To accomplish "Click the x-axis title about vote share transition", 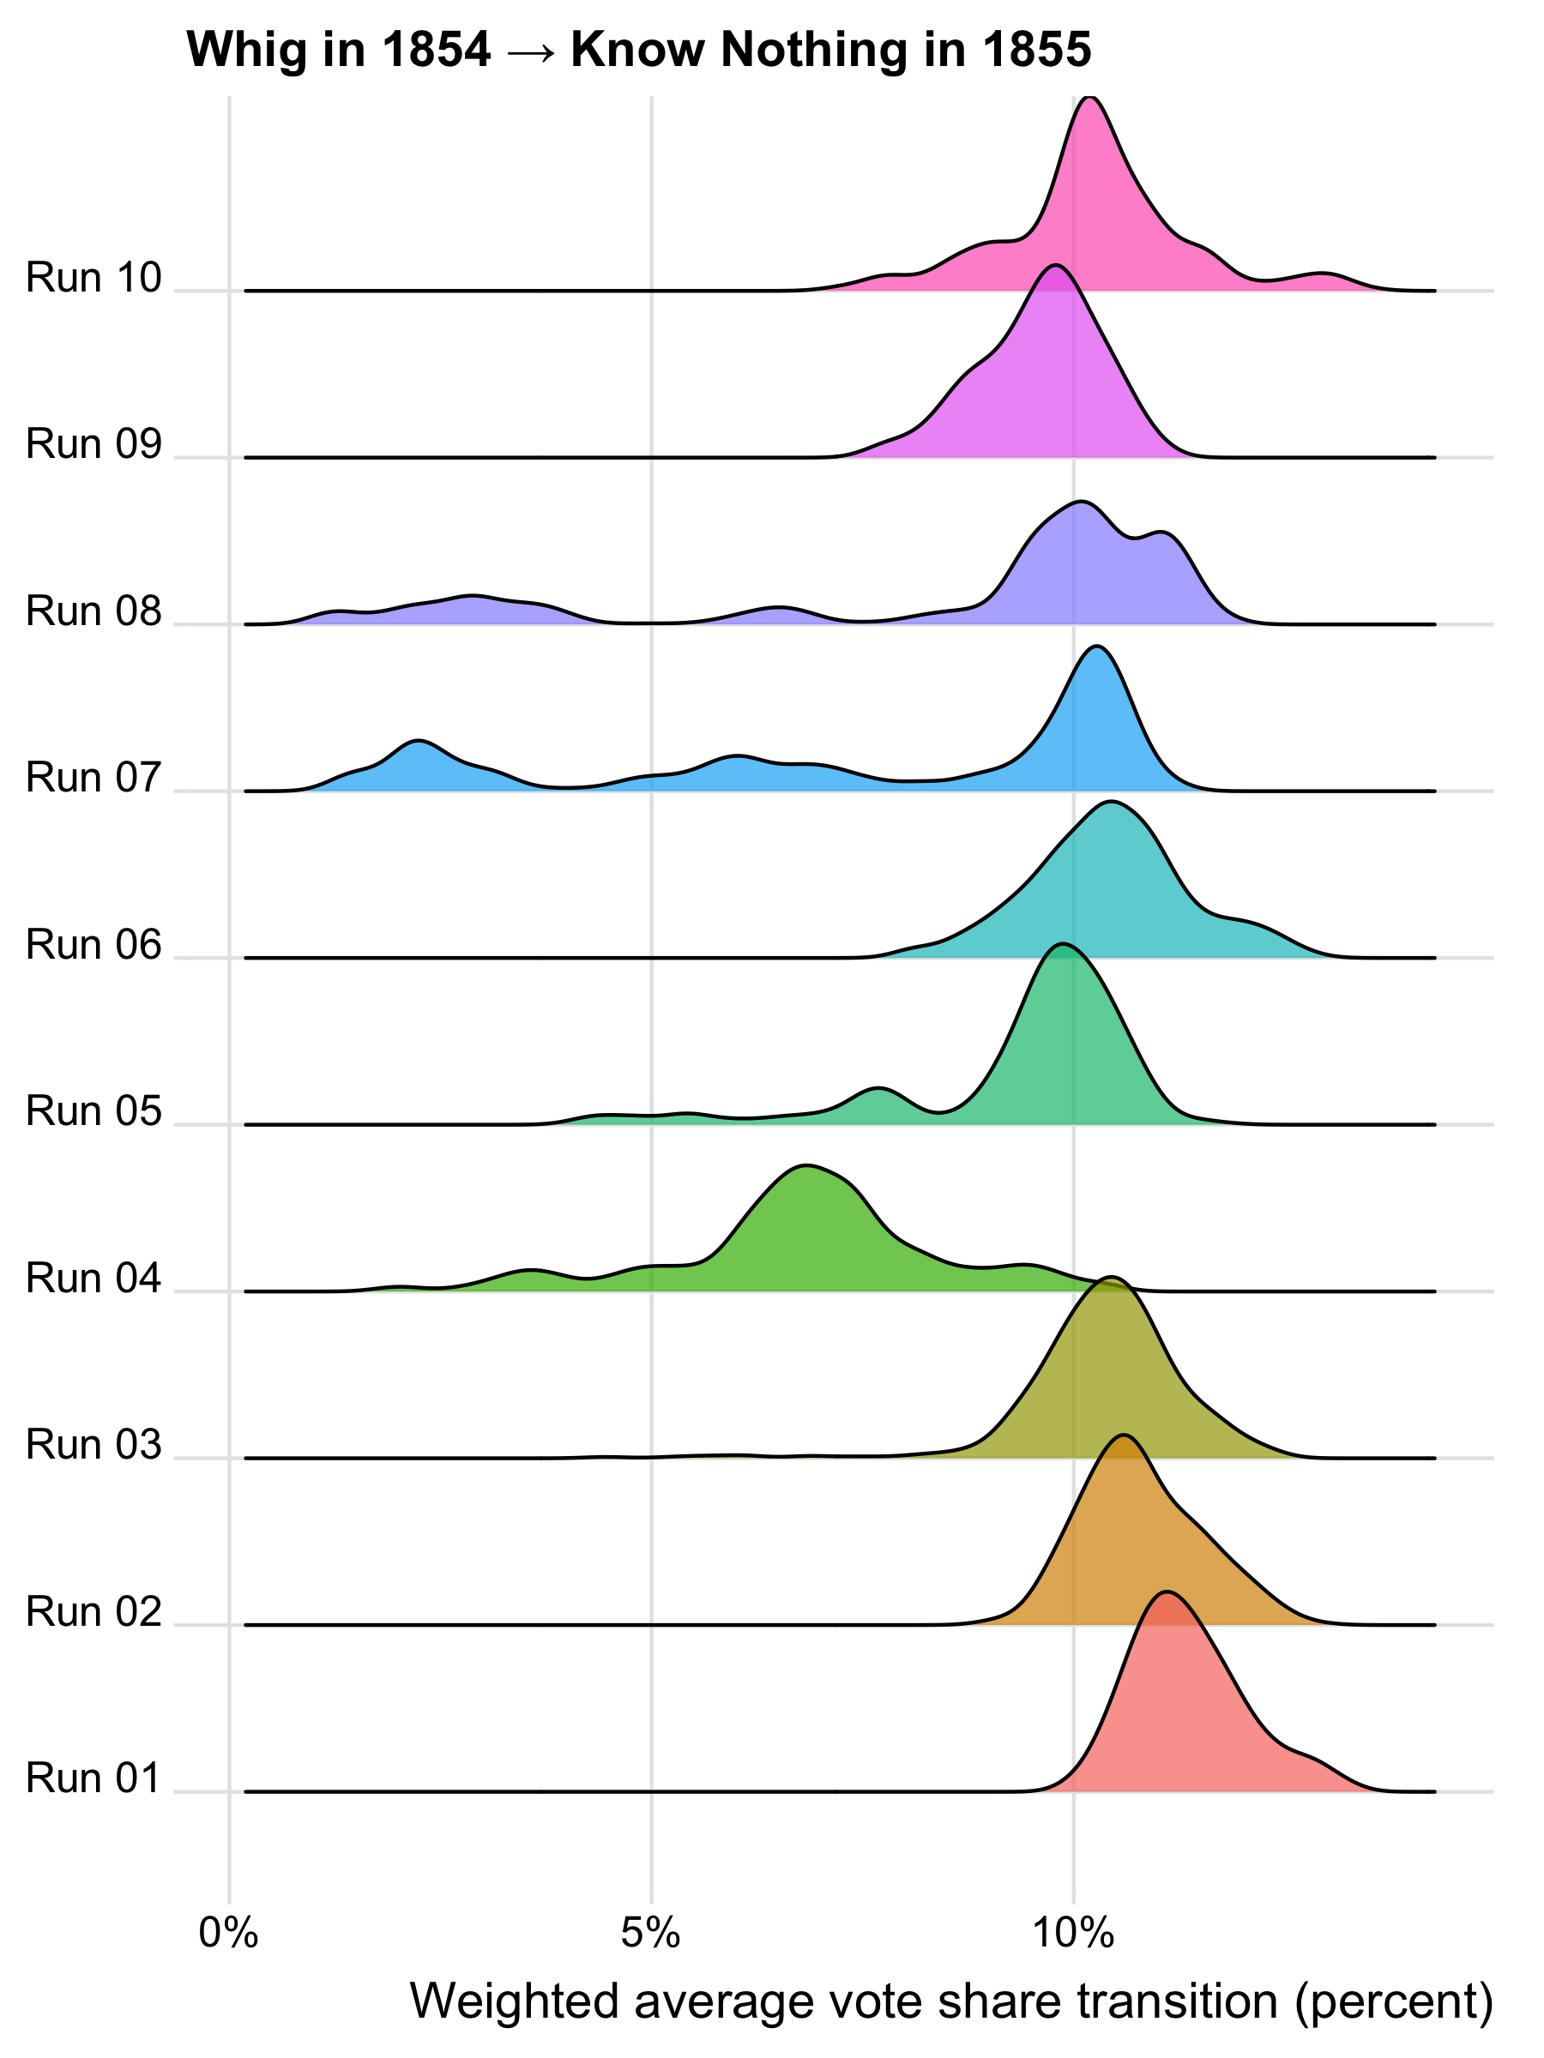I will [951, 2000].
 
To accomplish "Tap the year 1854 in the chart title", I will [436, 50].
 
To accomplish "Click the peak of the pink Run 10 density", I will [1090, 98].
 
